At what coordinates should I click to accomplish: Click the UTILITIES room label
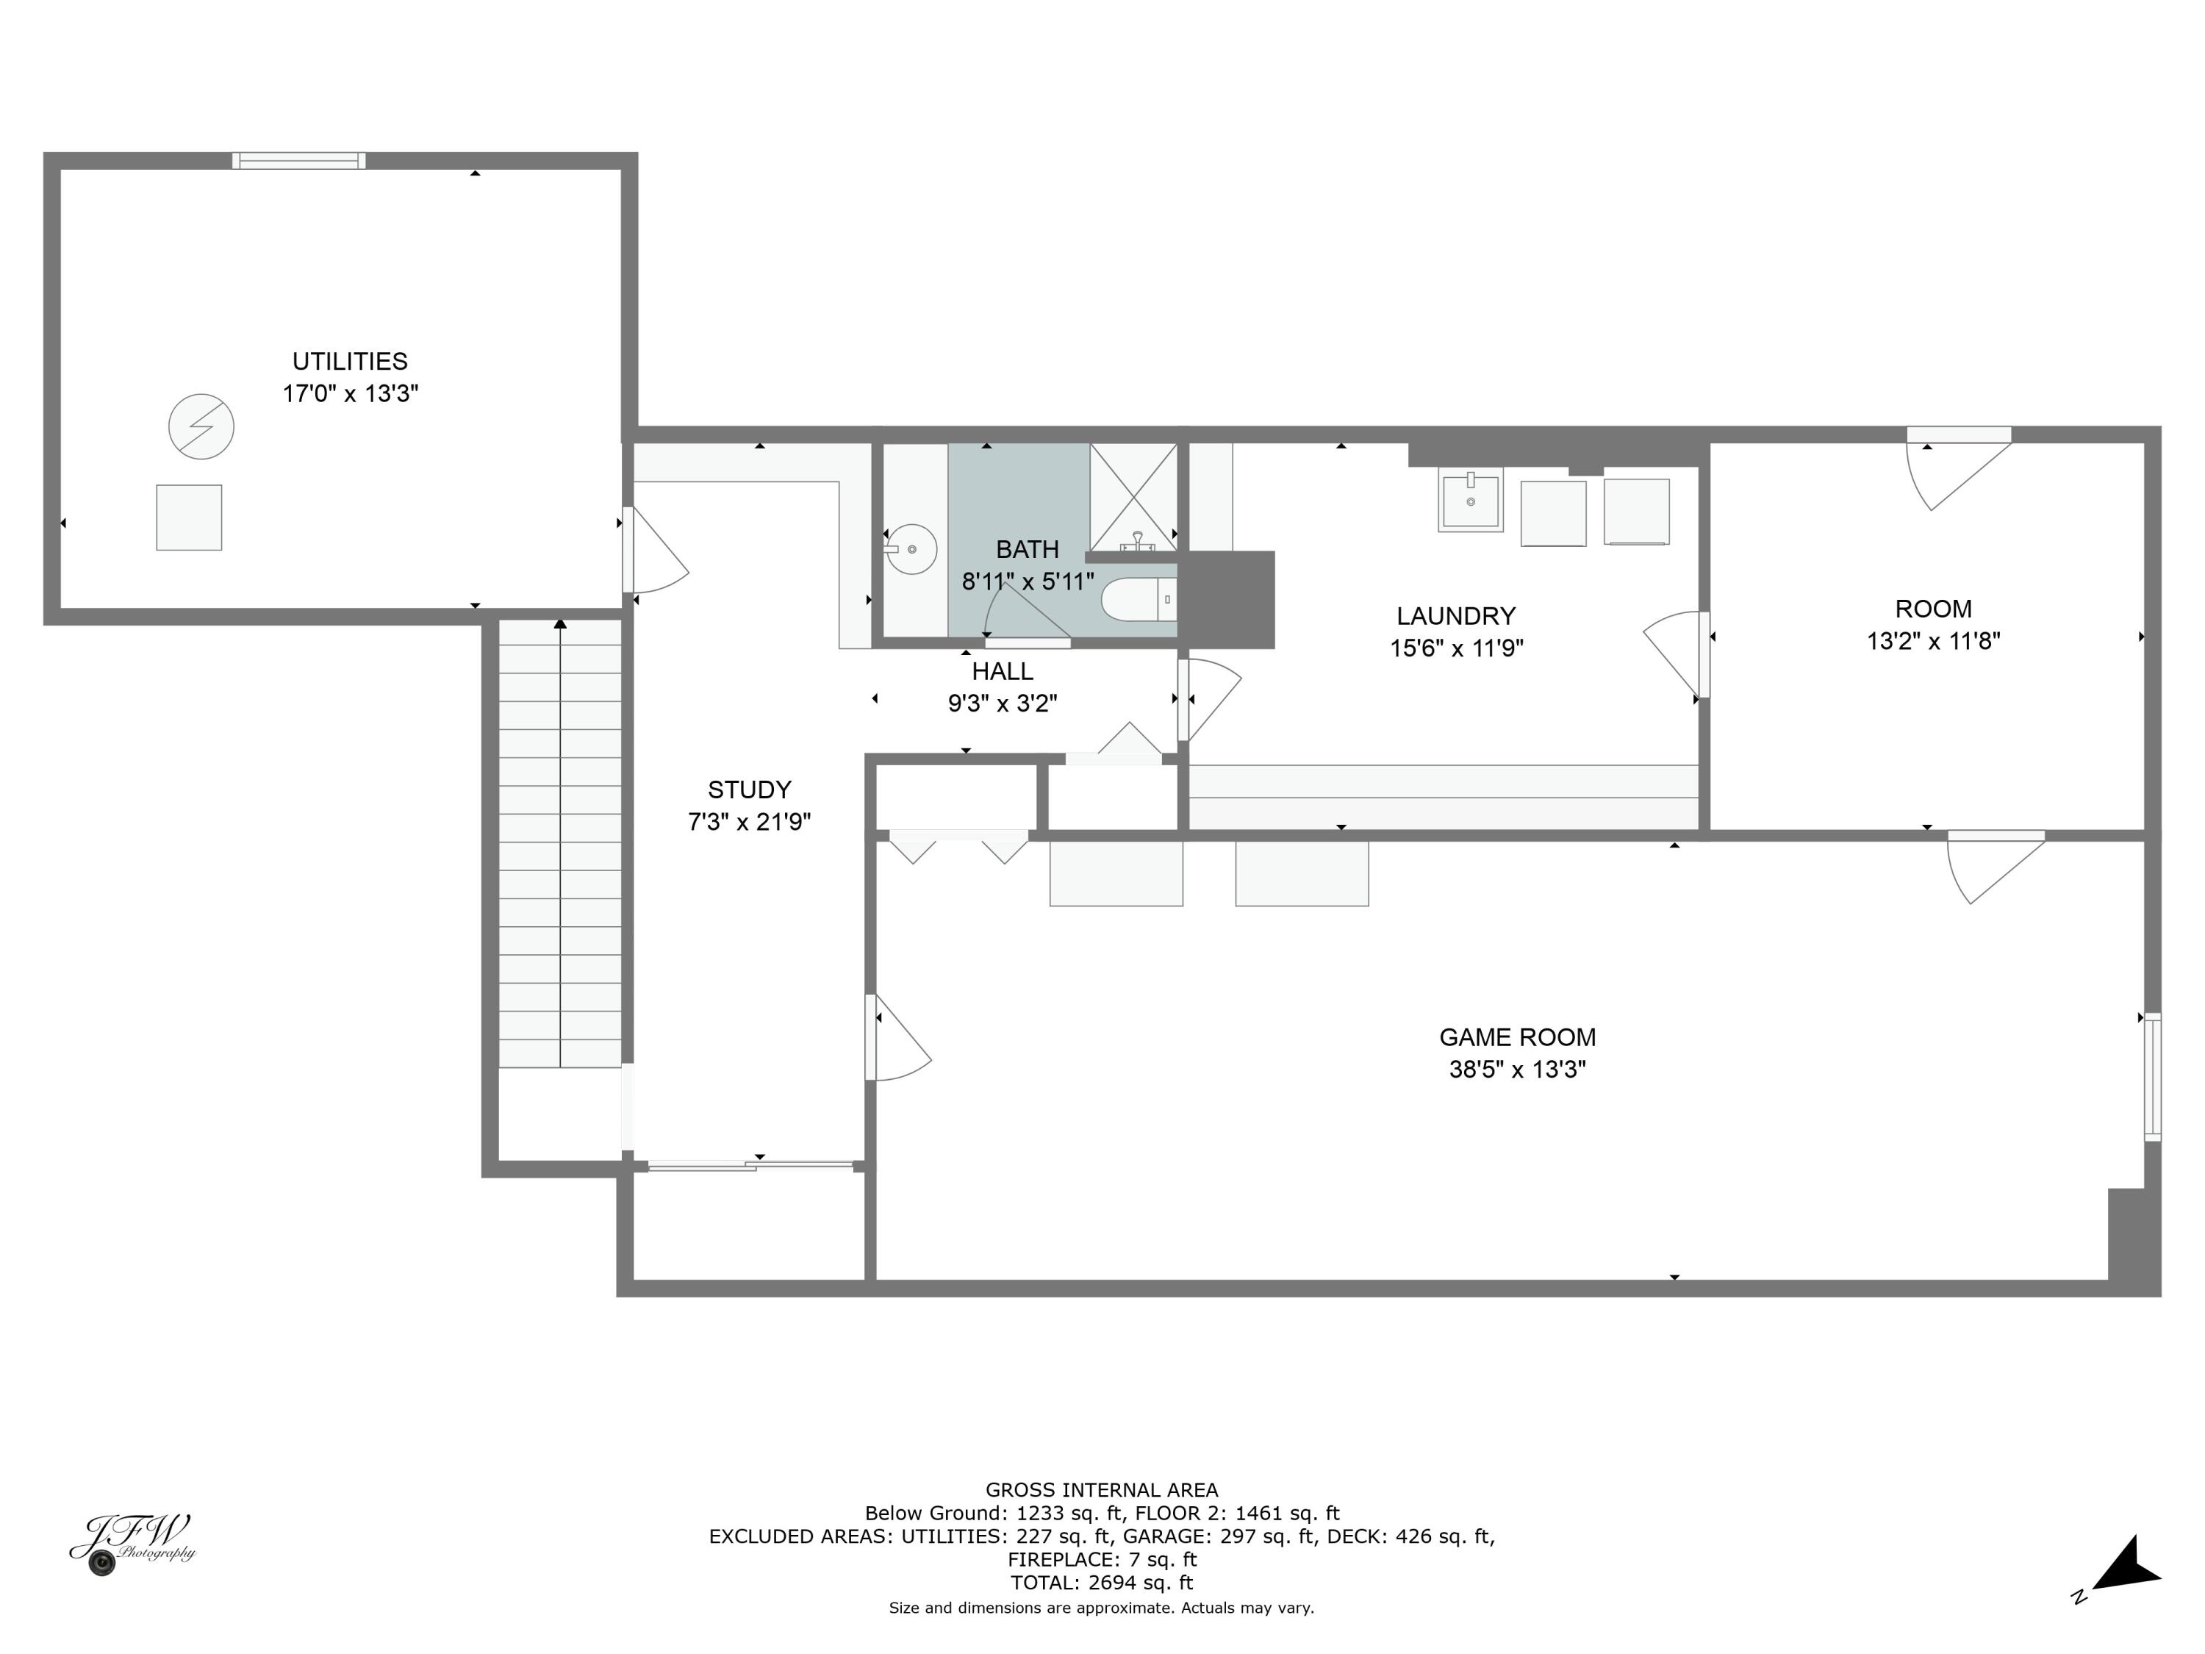pyautogui.click(x=349, y=361)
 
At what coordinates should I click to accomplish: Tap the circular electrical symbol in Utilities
pyautogui.click(x=201, y=426)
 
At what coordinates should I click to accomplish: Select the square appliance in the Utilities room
pyautogui.click(x=188, y=518)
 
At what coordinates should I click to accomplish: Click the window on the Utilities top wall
pyautogui.click(x=299, y=160)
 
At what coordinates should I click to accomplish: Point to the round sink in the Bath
pyautogui.click(x=911, y=549)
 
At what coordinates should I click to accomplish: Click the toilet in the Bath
pyautogui.click(x=1136, y=599)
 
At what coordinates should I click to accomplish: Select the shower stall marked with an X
pyautogui.click(x=1133, y=495)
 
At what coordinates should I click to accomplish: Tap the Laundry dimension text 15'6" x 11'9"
pyautogui.click(x=1456, y=648)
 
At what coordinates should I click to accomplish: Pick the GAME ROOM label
pyautogui.click(x=1517, y=1037)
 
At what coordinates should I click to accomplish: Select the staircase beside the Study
pyautogui.click(x=560, y=842)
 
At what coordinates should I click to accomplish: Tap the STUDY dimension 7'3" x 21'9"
pyautogui.click(x=750, y=822)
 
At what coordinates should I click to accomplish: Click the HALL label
pyautogui.click(x=1002, y=671)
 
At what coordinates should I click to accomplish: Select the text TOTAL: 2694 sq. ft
pyautogui.click(x=1102, y=1582)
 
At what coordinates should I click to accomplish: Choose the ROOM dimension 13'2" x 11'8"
pyautogui.click(x=1933, y=641)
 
